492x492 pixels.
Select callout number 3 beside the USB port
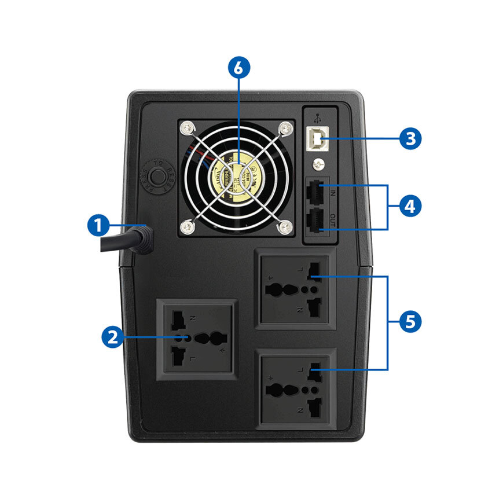[x=410, y=138]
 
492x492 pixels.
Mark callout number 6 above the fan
[x=239, y=67]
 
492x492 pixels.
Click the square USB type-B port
[x=318, y=138]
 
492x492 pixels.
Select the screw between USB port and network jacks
[x=317, y=164]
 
